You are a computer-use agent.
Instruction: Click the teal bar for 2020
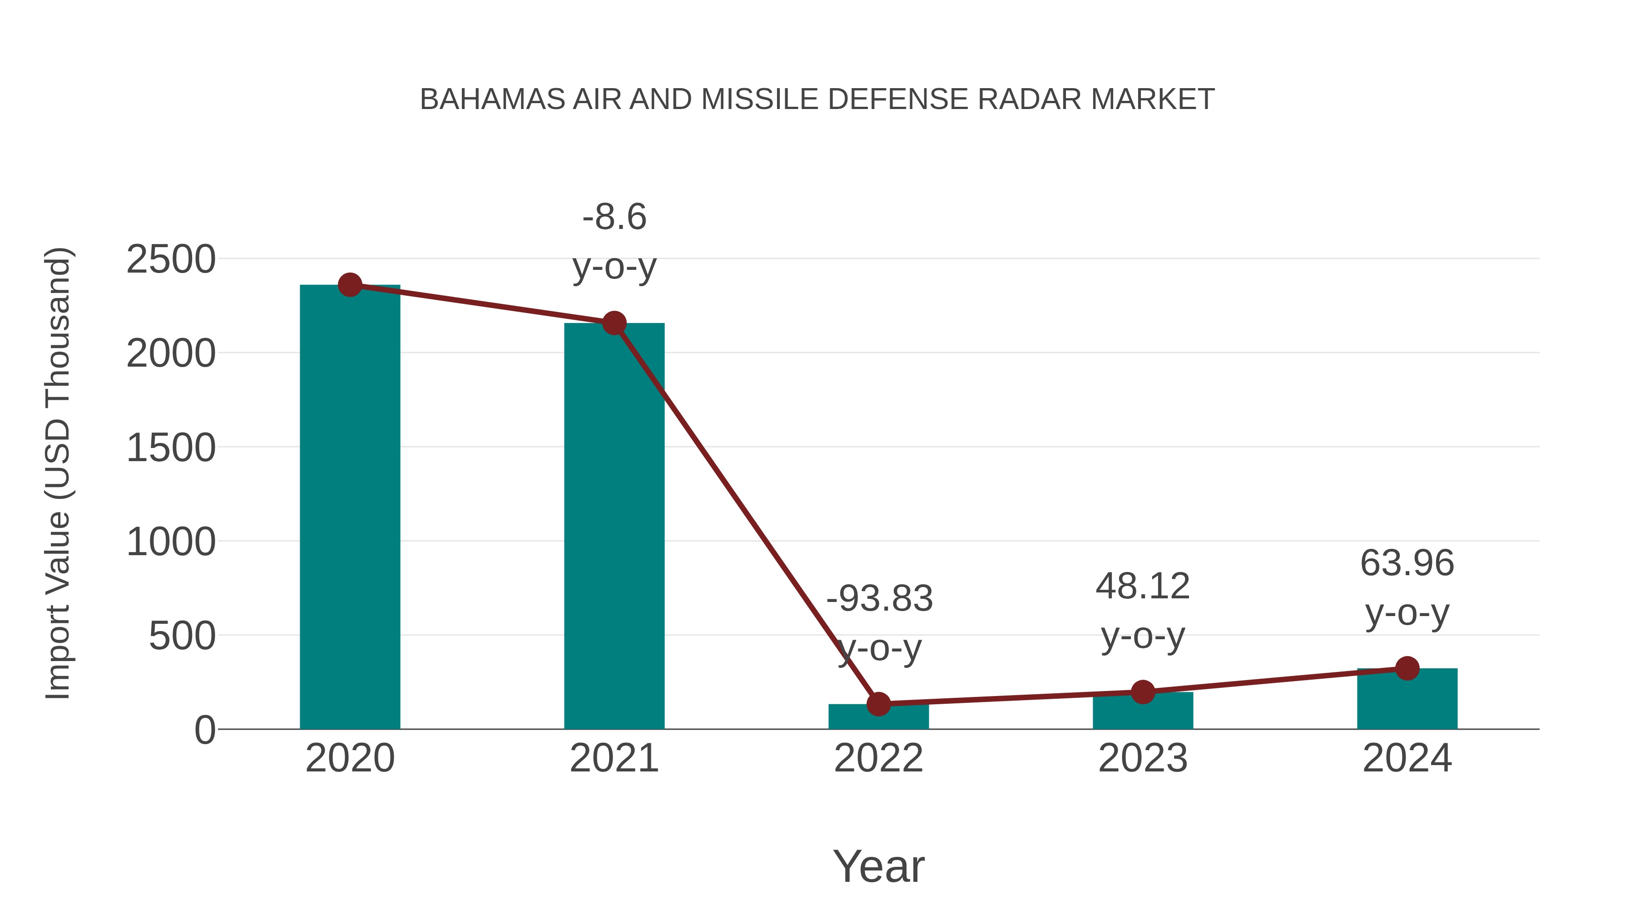click(350, 508)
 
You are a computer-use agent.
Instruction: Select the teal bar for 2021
click(614, 527)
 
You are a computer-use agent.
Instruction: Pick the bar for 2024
click(1407, 700)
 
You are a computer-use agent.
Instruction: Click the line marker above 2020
click(350, 285)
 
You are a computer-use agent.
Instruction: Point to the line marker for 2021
click(614, 323)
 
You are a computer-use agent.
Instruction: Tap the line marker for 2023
click(1143, 692)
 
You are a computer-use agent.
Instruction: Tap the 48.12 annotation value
click(1143, 586)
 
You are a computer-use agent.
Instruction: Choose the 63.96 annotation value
click(1407, 563)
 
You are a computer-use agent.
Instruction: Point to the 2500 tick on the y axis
click(171, 260)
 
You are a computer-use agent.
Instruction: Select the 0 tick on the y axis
click(205, 730)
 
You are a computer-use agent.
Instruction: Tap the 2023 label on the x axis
click(1143, 758)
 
